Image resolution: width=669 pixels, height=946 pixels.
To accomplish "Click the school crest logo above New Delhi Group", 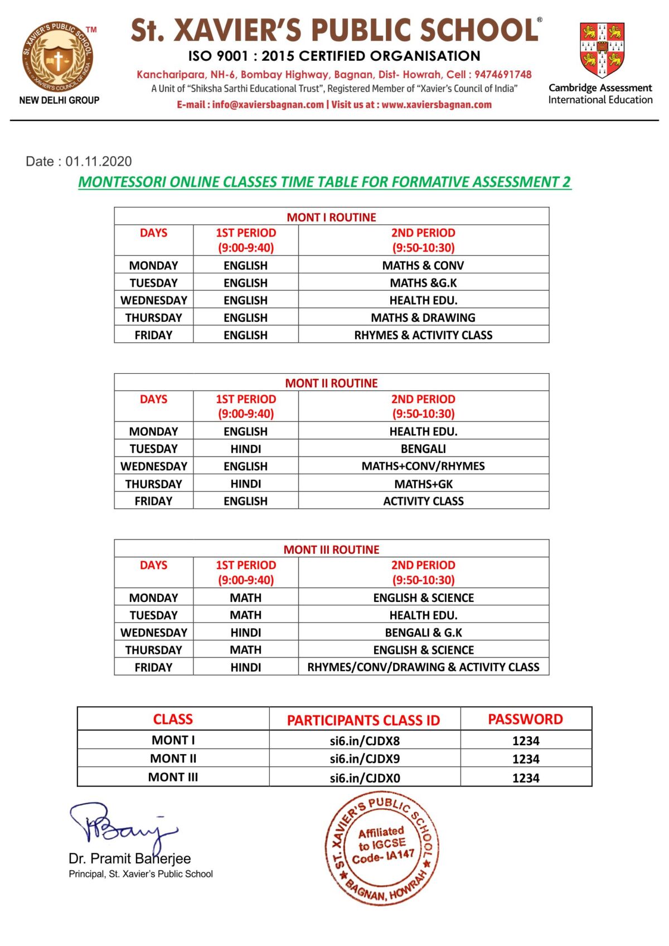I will coord(58,57).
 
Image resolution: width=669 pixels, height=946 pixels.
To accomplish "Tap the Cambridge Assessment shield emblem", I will coord(601,49).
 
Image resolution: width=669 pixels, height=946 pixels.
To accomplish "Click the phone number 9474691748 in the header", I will coord(503,75).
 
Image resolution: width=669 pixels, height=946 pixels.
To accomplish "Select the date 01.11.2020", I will coord(98,162).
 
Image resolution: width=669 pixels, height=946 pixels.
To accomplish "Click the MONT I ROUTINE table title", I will coord(331,217).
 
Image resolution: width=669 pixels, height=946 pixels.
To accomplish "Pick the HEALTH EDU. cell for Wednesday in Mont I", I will coord(423,300).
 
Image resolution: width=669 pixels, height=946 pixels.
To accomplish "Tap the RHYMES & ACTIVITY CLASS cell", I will coord(423,335).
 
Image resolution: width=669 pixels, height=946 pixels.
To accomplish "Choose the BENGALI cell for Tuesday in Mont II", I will coord(423,449).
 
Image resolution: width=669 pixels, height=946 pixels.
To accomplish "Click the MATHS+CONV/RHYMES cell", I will coord(423,466).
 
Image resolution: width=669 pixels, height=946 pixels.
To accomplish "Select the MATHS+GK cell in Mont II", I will coord(423,484).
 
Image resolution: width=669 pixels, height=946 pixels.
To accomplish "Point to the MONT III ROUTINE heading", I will coord(331,549).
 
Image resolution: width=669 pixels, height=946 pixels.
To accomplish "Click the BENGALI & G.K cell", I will coord(423,633).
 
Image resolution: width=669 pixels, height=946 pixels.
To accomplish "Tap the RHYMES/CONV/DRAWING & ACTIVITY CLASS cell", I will coord(423,667).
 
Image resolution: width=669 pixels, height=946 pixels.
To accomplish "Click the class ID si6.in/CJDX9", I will coord(365,759).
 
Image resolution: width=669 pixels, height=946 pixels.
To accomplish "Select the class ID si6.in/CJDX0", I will coord(365,778).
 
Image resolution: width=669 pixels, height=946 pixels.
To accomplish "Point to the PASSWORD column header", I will coord(525,720).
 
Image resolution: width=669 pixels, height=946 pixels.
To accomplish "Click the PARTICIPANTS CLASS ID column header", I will coord(363,720).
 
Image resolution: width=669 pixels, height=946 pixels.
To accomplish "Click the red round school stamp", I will coord(382,847).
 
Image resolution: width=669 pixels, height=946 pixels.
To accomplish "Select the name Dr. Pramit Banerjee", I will coord(129,858).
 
